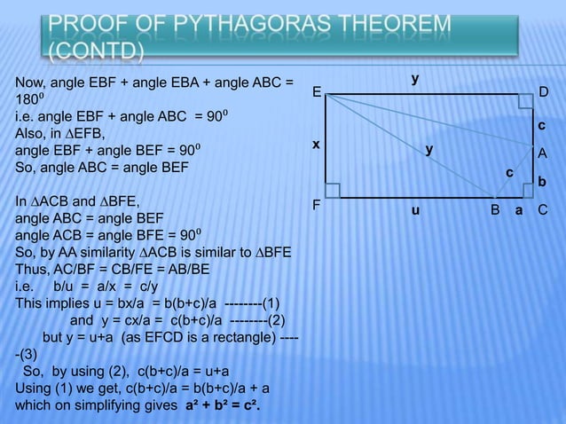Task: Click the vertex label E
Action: click(x=315, y=92)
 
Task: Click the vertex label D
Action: click(x=544, y=92)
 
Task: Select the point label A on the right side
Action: click(x=543, y=153)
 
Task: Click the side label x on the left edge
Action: click(x=314, y=145)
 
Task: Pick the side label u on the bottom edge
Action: click(x=413, y=213)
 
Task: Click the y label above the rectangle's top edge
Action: click(x=414, y=80)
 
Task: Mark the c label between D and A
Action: click(x=542, y=126)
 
